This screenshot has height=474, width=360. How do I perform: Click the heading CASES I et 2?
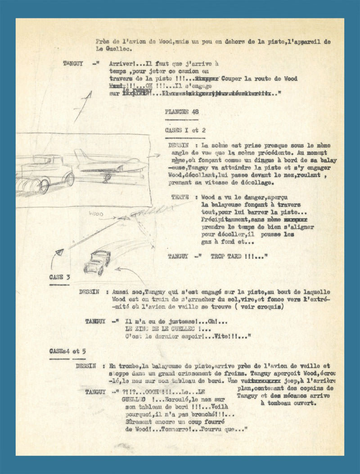(185, 130)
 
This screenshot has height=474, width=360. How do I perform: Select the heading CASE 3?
(56, 277)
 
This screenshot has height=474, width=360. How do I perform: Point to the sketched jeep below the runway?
(97, 263)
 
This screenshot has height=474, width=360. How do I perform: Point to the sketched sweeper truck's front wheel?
(69, 179)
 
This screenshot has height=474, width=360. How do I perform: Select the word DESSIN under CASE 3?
(89, 291)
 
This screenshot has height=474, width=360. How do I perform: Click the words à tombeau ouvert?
(289, 403)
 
